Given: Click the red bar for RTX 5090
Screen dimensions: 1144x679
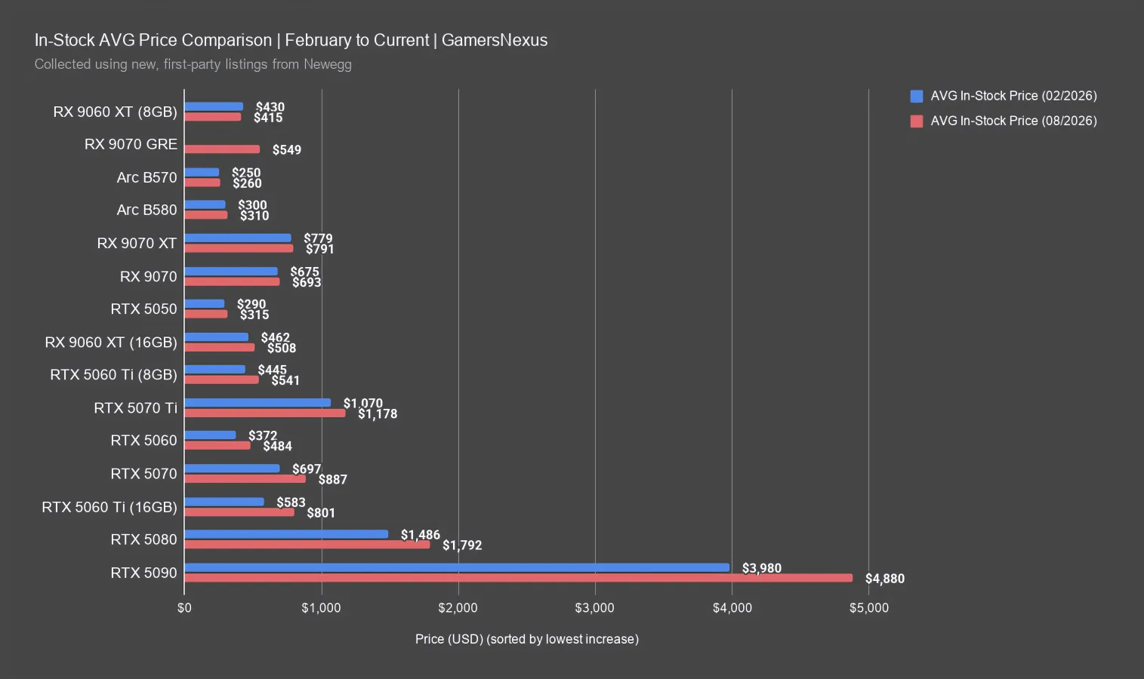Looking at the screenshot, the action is [x=518, y=578].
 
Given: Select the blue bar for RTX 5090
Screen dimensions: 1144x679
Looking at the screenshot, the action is [x=457, y=567].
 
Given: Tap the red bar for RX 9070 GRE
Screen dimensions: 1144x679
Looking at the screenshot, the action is [x=222, y=149].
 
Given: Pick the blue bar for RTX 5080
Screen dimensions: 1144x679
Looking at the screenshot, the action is [x=286, y=534].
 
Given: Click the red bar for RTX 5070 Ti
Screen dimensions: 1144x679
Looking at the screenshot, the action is [x=264, y=413].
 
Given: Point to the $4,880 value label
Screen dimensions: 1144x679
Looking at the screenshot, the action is [x=885, y=579].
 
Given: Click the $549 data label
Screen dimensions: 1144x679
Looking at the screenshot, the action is [x=286, y=149].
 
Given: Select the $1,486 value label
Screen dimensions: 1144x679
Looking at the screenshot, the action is [x=421, y=535].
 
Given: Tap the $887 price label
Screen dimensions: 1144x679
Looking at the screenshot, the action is [x=332, y=479].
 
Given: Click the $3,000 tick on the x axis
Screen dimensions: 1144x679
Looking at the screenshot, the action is [x=594, y=607].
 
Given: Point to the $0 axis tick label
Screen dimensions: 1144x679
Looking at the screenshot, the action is [x=184, y=607].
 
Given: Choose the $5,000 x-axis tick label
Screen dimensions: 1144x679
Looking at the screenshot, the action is [x=868, y=607].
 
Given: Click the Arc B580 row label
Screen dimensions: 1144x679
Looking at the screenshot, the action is [x=146, y=210].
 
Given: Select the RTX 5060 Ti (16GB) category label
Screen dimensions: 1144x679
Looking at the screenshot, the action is [x=109, y=507].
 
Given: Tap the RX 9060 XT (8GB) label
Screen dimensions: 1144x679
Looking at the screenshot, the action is [x=115, y=112].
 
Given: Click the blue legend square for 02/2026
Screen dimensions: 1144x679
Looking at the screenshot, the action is [x=917, y=96].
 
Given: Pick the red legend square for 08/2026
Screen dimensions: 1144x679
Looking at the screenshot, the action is [x=917, y=121].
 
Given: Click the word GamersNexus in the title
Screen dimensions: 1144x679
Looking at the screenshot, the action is [x=495, y=40].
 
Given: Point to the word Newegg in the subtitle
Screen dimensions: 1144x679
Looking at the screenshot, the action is [x=328, y=64].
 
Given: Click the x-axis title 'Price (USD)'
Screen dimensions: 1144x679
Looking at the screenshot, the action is [x=449, y=639].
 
